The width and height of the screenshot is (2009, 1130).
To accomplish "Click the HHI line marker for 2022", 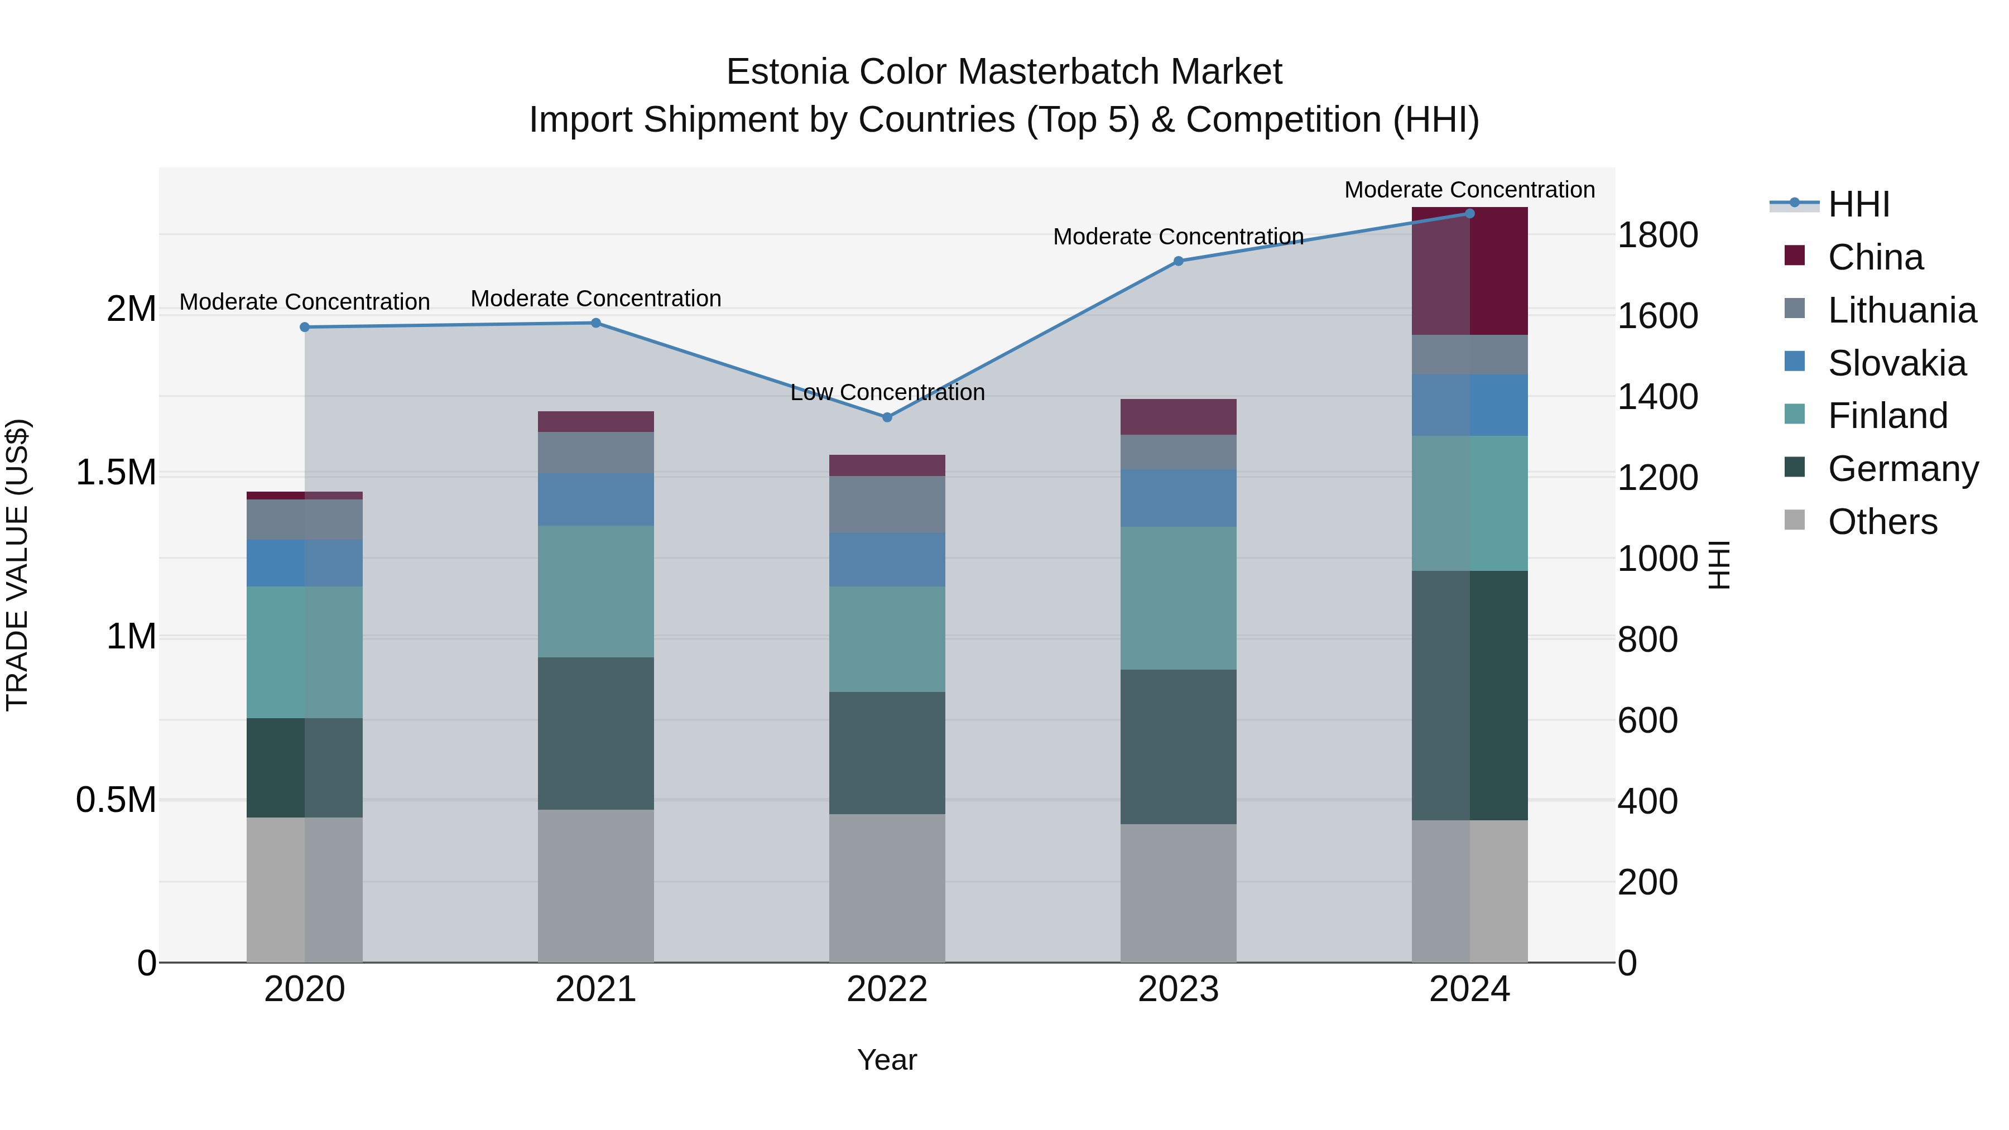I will pyautogui.click(x=887, y=417).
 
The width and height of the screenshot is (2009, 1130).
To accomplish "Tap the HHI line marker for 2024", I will pyautogui.click(x=1469, y=214).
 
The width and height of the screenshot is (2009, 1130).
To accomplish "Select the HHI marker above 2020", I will pyautogui.click(x=305, y=328).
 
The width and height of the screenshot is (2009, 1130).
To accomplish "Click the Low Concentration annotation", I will pyautogui.click(x=887, y=392).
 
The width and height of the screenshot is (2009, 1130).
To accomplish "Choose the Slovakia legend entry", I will pyautogui.click(x=1895, y=363).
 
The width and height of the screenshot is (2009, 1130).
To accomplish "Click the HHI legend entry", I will pyautogui.click(x=1858, y=204).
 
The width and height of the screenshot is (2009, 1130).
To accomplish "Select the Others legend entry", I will pyautogui.click(x=1881, y=522).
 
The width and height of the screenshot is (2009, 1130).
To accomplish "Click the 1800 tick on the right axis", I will pyautogui.click(x=1657, y=235).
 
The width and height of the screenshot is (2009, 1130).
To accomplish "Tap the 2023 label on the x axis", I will pyautogui.click(x=1177, y=989).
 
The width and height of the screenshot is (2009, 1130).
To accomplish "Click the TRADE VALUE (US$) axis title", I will pyautogui.click(x=18, y=565).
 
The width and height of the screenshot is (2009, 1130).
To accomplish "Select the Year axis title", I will pyautogui.click(x=887, y=1060).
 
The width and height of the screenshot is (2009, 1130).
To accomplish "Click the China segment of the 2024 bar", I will pyautogui.click(x=1469, y=271).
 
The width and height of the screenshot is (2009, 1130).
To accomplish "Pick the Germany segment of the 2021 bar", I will pyautogui.click(x=596, y=733).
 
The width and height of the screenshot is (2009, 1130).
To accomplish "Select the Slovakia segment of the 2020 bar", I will pyautogui.click(x=305, y=563).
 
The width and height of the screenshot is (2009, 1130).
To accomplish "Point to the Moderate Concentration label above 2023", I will pyautogui.click(x=1177, y=236).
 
